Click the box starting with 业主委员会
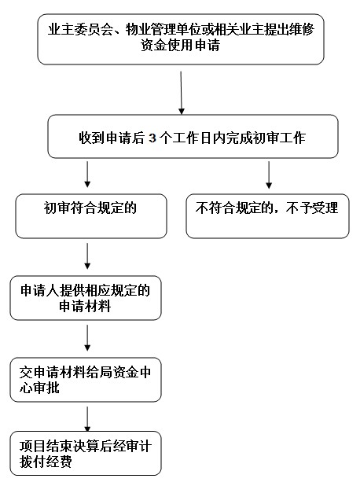(x=181, y=39)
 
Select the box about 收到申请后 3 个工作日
(x=193, y=137)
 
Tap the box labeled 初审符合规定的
(x=91, y=215)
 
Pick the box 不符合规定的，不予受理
(x=267, y=215)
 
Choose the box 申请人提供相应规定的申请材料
(x=86, y=298)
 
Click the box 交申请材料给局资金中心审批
(x=86, y=380)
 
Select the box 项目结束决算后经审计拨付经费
(x=86, y=454)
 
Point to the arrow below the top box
(x=182, y=93)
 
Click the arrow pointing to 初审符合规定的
(x=87, y=175)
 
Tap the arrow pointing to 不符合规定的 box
(x=269, y=175)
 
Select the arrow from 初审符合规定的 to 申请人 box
(x=87, y=256)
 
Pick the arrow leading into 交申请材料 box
(x=87, y=338)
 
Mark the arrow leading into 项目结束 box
(x=87, y=419)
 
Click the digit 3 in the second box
(x=152, y=138)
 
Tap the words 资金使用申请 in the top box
(x=181, y=46)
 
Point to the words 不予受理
(x=312, y=208)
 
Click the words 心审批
(x=39, y=388)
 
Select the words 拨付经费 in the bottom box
(x=46, y=462)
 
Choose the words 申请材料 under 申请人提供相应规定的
(x=85, y=306)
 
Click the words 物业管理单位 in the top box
(x=164, y=30)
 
